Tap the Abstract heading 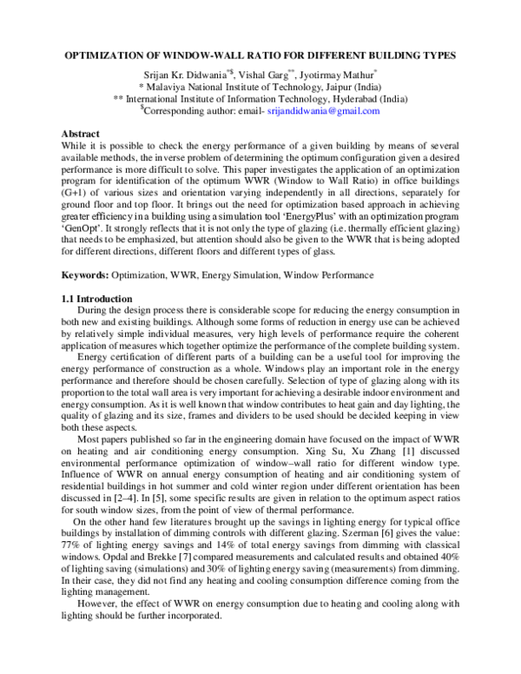[81, 133]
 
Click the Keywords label [86, 275]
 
